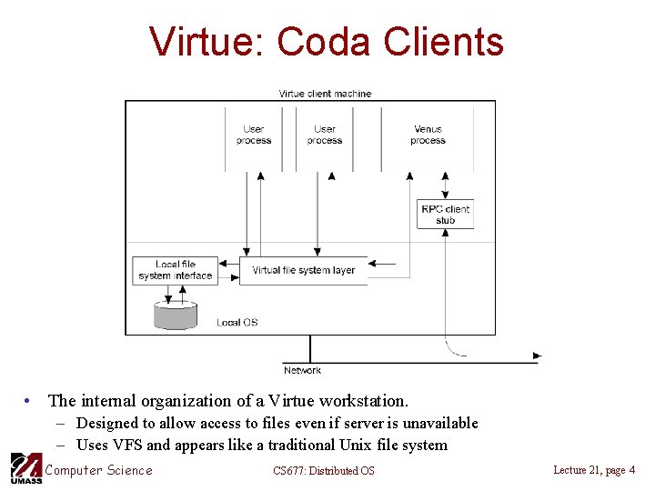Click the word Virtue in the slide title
[207, 42]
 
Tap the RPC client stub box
[446, 215]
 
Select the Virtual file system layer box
[303, 270]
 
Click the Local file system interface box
[176, 270]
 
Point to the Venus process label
[428, 135]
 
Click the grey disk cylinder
[176, 314]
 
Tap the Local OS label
[237, 323]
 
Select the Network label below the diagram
[302, 370]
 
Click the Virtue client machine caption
[325, 94]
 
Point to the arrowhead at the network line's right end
[537, 356]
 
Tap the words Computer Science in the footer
[99, 470]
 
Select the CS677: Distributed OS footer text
[323, 470]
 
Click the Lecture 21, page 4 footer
[594, 469]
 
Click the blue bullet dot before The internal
[31, 401]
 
